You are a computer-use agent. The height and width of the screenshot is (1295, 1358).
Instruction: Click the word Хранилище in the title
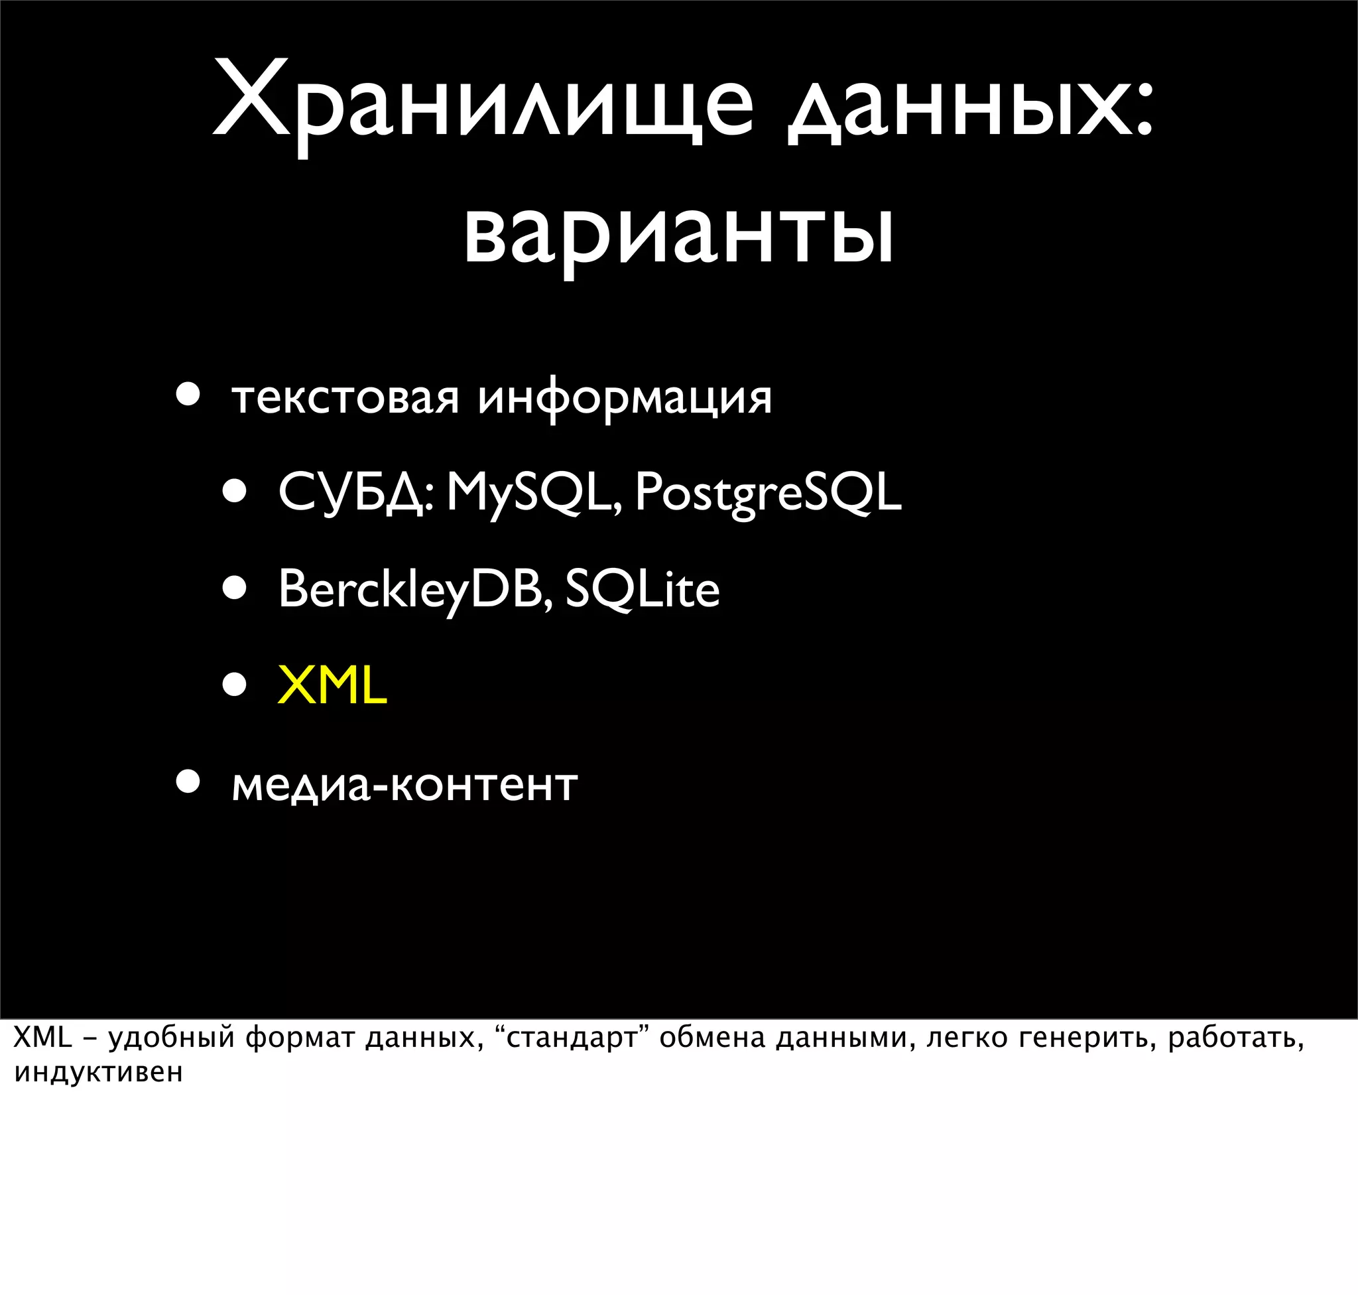tap(483, 103)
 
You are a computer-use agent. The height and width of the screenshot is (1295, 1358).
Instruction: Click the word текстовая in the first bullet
tap(345, 398)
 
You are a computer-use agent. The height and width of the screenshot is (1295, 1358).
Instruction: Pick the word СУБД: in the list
tap(355, 493)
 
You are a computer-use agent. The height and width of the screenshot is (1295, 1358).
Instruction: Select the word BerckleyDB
tap(414, 590)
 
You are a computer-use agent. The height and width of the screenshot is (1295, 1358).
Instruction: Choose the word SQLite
tap(643, 590)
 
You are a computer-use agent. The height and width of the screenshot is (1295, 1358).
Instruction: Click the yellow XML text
tap(332, 686)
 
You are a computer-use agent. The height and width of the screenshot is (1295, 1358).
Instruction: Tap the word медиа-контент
tap(404, 785)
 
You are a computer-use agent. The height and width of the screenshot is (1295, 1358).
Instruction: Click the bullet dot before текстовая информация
tap(188, 395)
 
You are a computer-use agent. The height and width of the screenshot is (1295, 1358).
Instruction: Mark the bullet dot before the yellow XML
tap(235, 685)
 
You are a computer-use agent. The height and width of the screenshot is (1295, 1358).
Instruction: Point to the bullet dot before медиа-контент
tap(188, 782)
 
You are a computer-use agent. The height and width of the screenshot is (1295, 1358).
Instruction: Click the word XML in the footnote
tap(43, 1038)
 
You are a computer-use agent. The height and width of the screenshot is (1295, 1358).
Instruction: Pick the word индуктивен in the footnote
tap(98, 1073)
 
